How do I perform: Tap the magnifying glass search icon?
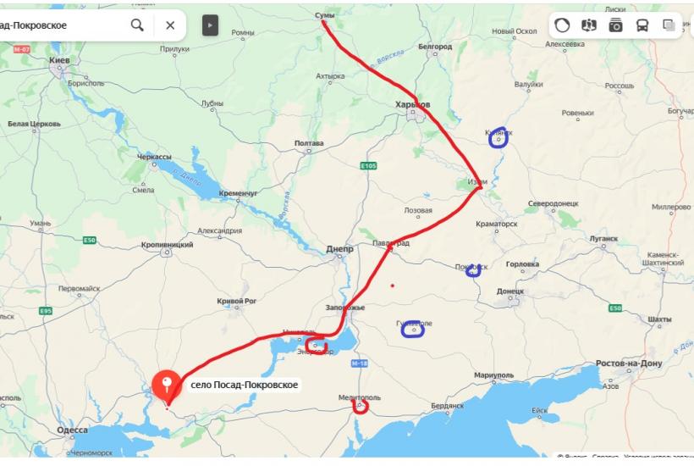coord(137,25)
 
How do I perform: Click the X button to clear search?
coord(170,25)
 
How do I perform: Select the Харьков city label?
coord(413,104)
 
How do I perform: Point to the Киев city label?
coord(59,61)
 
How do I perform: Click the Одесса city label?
coord(72,430)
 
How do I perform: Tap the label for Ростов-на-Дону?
coord(629,363)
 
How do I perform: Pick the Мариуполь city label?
coord(494,374)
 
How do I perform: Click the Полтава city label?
coord(309,143)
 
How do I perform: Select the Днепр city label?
coord(339,249)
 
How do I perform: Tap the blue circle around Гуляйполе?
coord(413,329)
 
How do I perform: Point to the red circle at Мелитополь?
coord(361,406)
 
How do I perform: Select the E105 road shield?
coord(367,165)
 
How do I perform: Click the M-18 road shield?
coord(359,363)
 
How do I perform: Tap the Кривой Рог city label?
coord(236,301)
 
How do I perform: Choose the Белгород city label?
coord(435,47)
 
